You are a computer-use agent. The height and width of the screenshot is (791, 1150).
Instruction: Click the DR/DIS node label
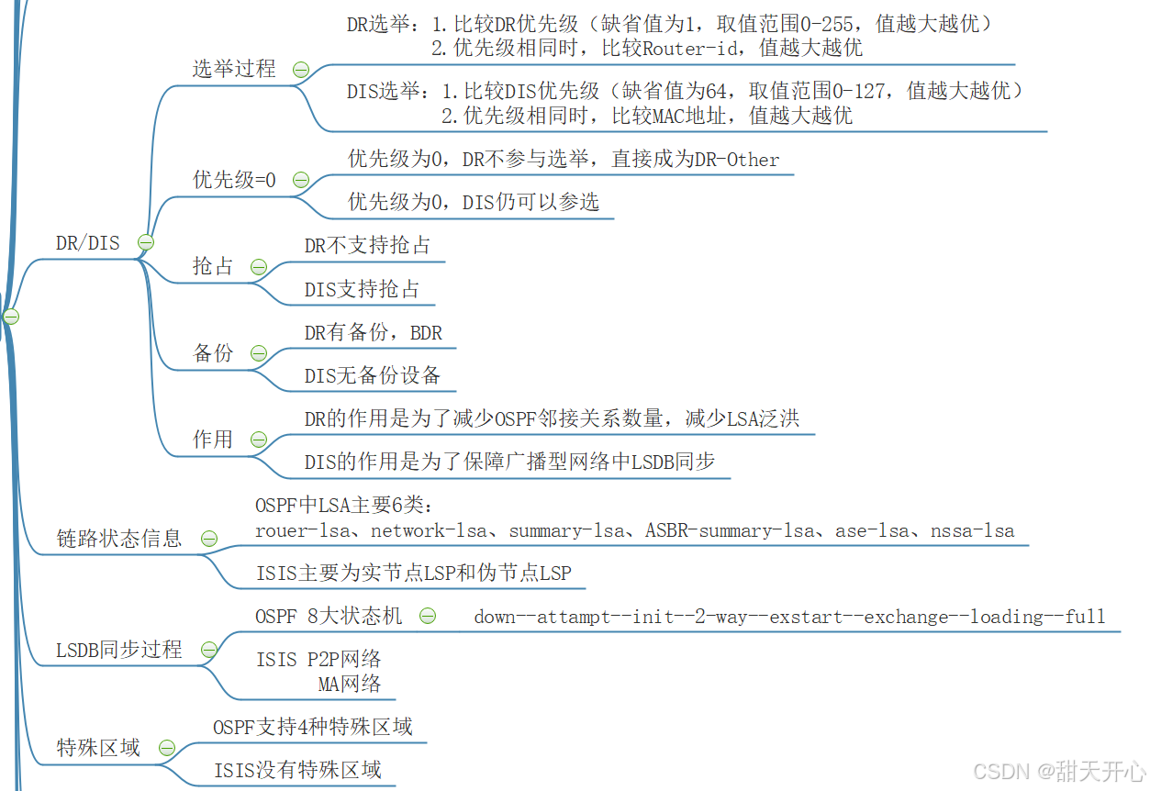click(x=87, y=243)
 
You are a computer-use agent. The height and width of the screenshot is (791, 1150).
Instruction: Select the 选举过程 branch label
click(x=233, y=69)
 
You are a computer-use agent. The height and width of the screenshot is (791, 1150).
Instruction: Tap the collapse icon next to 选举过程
click(x=300, y=69)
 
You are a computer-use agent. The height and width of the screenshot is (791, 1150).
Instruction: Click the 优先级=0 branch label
click(x=234, y=180)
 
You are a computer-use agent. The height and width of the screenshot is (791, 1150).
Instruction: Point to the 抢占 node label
click(x=213, y=266)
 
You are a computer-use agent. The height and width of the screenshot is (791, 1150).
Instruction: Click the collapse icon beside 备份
click(x=259, y=353)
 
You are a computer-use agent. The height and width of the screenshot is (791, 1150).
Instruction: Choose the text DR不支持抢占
click(x=367, y=245)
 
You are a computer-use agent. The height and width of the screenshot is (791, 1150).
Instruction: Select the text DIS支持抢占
click(x=362, y=289)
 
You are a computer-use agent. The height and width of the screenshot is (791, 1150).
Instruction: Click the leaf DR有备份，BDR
click(x=374, y=333)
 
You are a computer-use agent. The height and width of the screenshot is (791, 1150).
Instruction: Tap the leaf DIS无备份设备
click(x=373, y=375)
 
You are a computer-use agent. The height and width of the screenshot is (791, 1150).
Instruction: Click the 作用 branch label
click(x=213, y=440)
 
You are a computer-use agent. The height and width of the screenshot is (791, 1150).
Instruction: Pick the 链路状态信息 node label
click(x=119, y=539)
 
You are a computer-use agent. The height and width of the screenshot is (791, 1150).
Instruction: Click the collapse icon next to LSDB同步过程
click(x=209, y=650)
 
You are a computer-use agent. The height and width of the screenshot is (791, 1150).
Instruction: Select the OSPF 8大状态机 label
click(x=329, y=617)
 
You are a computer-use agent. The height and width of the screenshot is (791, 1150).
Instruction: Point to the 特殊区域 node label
click(x=98, y=748)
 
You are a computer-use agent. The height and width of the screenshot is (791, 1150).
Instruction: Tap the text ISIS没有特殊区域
click(x=297, y=770)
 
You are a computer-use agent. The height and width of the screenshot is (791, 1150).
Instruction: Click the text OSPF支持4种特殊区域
click(x=313, y=728)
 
